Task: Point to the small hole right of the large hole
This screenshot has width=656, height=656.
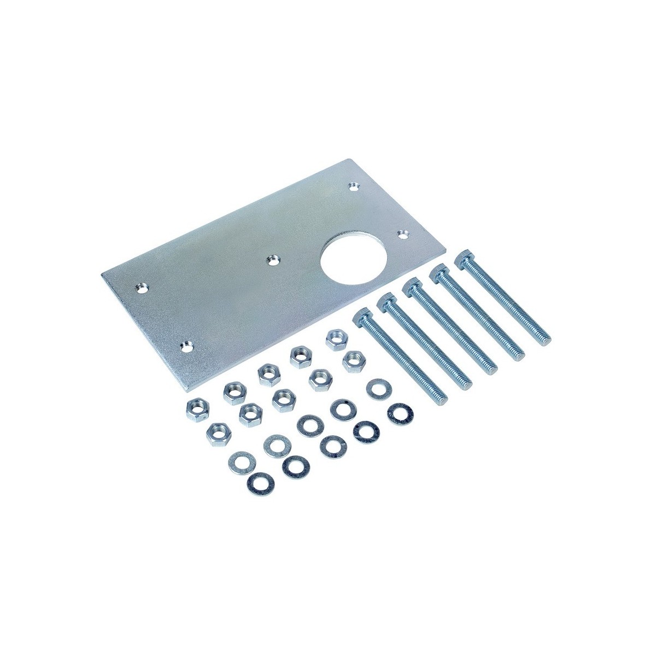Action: pos(403,234)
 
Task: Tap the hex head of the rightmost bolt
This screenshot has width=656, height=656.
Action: pos(465,256)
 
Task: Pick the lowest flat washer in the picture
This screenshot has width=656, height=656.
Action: pos(261,482)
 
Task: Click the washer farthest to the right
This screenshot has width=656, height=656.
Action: pos(400,413)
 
